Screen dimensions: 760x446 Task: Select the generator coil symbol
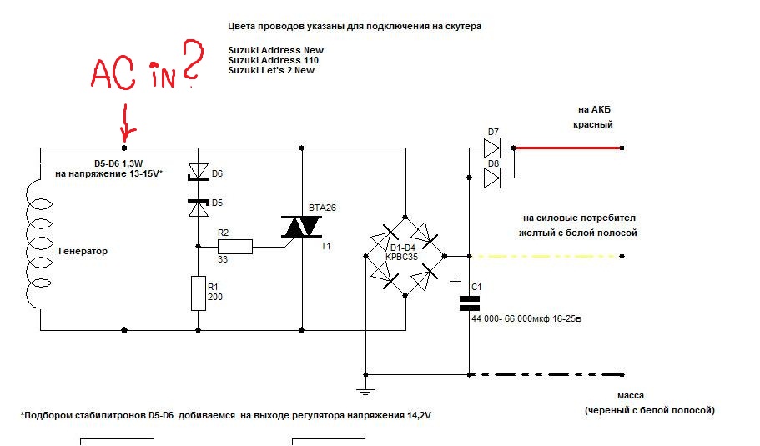coord(38,242)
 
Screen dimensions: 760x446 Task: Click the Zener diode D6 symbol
coord(199,172)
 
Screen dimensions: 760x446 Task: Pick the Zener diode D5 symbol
coord(199,208)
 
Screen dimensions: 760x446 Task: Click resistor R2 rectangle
coord(235,247)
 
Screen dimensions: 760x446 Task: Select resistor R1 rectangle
coord(199,293)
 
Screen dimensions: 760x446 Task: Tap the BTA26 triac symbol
coord(301,227)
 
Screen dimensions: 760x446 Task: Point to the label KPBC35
coord(402,257)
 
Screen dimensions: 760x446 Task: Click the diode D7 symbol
coord(492,148)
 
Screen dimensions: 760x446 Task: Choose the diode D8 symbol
coord(492,178)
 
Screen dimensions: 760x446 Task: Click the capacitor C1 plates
coord(469,303)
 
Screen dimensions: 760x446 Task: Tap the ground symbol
coord(365,390)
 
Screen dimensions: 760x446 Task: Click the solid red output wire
coord(568,148)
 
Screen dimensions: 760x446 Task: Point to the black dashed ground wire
coord(546,374)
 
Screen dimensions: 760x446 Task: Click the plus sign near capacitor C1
coord(455,281)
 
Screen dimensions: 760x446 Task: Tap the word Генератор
coord(83,251)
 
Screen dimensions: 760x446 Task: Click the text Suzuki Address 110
coord(274,60)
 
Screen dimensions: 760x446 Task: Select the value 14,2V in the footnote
coord(419,415)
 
